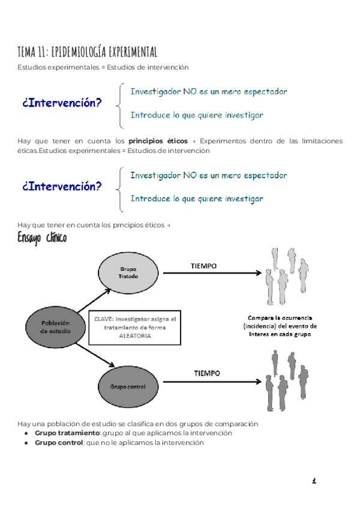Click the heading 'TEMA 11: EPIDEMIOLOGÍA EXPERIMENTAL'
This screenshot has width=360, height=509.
(88, 52)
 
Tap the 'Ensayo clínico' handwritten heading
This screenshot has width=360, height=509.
(42, 238)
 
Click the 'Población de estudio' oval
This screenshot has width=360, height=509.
(55, 327)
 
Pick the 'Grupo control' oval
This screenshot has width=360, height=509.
(127, 387)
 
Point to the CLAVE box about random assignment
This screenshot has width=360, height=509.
(135, 328)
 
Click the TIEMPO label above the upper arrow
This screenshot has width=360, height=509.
(203, 265)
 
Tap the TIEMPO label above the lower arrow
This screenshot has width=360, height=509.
(206, 373)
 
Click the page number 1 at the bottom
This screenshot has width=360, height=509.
(314, 481)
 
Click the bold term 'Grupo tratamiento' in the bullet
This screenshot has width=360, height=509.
(66, 433)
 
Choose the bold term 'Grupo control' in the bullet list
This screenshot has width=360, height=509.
(58, 442)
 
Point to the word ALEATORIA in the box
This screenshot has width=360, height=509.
(136, 336)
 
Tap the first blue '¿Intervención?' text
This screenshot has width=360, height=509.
(62, 103)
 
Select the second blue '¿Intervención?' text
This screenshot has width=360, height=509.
(62, 186)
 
